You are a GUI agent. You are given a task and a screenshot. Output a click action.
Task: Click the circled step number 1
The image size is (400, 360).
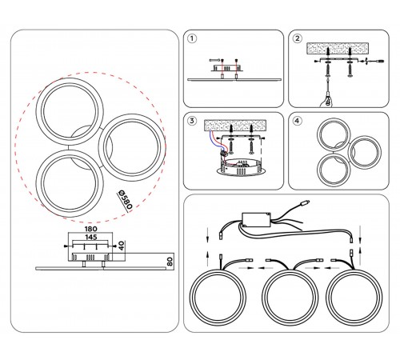click(192, 38)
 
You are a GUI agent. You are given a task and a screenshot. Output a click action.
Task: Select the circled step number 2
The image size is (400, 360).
click(297, 38)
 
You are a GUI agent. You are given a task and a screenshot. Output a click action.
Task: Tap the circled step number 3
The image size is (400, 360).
click(192, 121)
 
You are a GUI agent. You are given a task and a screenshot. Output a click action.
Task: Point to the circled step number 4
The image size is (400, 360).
click(297, 121)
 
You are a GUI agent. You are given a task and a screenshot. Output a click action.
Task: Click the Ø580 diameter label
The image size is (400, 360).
click(125, 200)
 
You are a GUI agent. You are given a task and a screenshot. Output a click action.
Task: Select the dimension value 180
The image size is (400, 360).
click(91, 229)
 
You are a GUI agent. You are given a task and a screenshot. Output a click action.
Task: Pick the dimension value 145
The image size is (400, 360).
click(91, 237)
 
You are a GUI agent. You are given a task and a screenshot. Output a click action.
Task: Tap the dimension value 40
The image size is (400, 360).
click(122, 246)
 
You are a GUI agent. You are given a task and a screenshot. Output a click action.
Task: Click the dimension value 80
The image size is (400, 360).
click(170, 262)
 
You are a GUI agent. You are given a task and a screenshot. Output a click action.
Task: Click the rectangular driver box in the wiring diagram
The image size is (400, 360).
click(256, 220)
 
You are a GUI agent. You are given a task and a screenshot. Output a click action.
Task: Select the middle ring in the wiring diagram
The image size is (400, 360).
click(290, 297)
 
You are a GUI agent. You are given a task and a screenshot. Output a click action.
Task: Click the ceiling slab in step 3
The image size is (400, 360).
click(235, 126)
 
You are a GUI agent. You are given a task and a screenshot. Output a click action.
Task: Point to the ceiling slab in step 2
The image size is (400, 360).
click(338, 48)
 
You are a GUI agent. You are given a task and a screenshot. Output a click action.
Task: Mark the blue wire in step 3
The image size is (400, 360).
click(216, 142)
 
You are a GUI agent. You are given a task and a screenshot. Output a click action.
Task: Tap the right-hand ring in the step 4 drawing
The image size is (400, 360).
click(365, 153)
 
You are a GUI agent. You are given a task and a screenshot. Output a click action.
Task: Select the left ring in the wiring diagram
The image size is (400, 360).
click(218, 297)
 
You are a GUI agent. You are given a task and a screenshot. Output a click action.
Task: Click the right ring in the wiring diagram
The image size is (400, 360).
click(354, 297)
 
